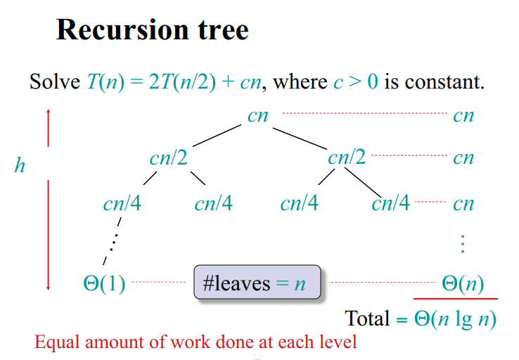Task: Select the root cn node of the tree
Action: pyautogui.click(x=258, y=115)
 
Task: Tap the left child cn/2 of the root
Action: pyautogui.click(x=168, y=157)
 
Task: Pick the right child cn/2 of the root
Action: pyautogui.click(x=347, y=157)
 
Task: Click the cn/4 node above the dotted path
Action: pyautogui.click(x=122, y=204)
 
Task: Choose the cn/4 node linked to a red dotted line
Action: pyautogui.click(x=390, y=204)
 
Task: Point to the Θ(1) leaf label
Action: pyautogui.click(x=104, y=283)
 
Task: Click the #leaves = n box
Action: pyautogui.click(x=257, y=283)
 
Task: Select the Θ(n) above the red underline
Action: pyautogui.click(x=463, y=283)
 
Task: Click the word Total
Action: pyautogui.click(x=367, y=319)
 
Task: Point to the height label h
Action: pyautogui.click(x=20, y=166)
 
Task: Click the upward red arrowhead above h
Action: pyautogui.click(x=48, y=113)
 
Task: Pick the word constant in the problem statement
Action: pyautogui.click(x=444, y=82)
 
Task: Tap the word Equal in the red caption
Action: pyautogui.click(x=55, y=343)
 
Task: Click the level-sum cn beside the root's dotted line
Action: pyautogui.click(x=463, y=115)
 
